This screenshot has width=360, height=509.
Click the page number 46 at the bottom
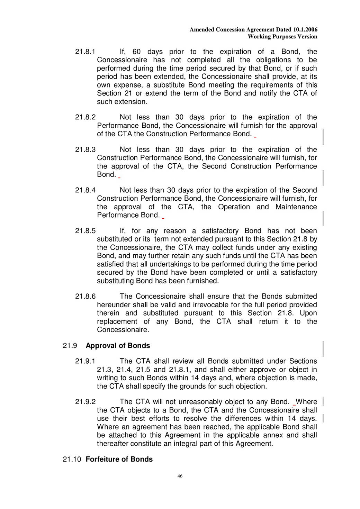point(180,476)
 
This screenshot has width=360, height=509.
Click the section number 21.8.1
point(85,52)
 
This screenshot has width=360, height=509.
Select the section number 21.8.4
point(85,190)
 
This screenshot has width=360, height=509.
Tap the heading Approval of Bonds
point(118,346)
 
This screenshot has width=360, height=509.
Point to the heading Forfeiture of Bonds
point(119,459)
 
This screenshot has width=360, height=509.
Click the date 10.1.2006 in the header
point(305,30)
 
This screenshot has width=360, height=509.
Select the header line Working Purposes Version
point(282,37)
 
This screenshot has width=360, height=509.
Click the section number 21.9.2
point(85,402)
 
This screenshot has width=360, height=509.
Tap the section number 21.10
point(72,459)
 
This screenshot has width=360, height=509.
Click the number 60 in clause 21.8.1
point(136,52)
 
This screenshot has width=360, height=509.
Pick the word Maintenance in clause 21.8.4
point(296,207)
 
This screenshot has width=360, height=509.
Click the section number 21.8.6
point(85,297)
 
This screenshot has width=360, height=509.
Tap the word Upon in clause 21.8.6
point(308,313)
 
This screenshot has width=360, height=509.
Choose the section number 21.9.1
point(85,361)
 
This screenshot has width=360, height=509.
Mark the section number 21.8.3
point(85,149)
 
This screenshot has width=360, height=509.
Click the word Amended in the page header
point(202,30)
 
